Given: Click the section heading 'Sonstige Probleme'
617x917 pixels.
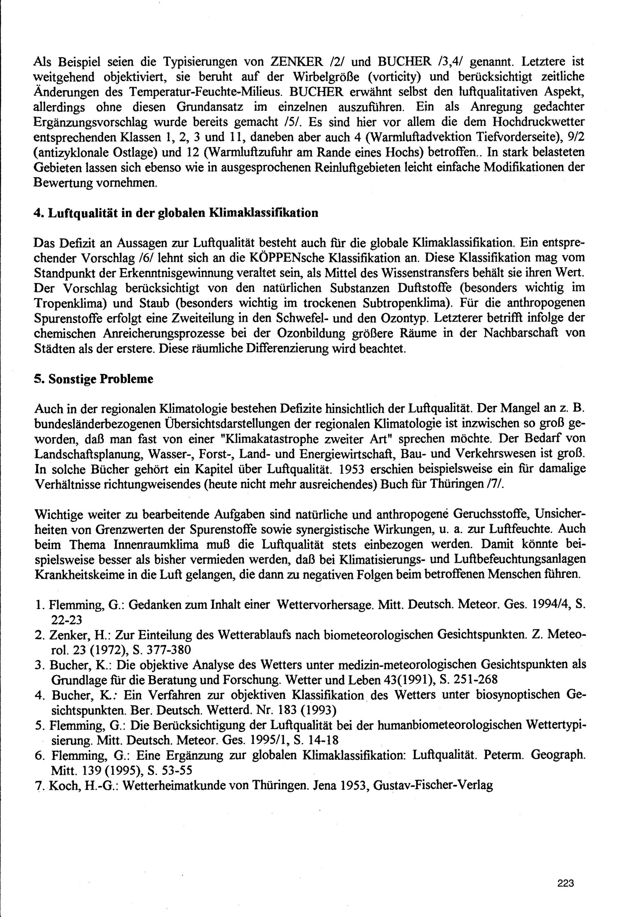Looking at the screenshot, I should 100,379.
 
